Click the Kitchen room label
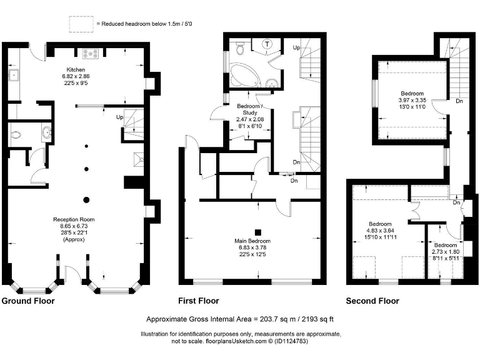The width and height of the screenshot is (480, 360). click(x=76, y=69)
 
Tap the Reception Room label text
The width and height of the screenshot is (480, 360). click(x=73, y=219)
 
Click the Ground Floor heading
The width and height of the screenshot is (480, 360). click(x=28, y=301)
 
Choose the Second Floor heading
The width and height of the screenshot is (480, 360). click(x=372, y=301)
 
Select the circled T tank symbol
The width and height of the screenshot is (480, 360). click(x=267, y=44)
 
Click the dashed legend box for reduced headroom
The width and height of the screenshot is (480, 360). click(x=80, y=23)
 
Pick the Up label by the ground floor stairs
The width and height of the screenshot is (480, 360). click(x=119, y=117)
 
